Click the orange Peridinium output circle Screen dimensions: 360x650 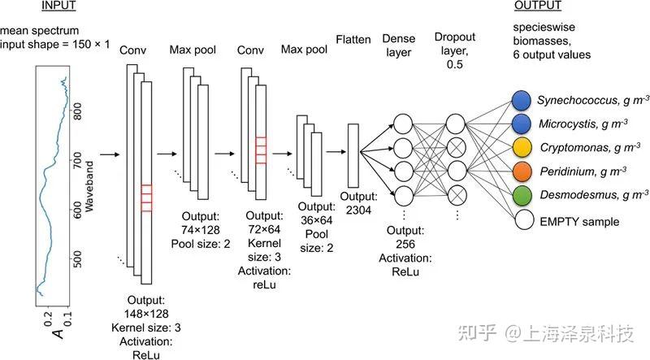click(x=522, y=171)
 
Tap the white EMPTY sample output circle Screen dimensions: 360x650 click(x=522, y=219)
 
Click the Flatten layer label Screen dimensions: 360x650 click(x=353, y=40)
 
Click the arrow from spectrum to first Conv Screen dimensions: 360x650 click(x=109, y=153)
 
